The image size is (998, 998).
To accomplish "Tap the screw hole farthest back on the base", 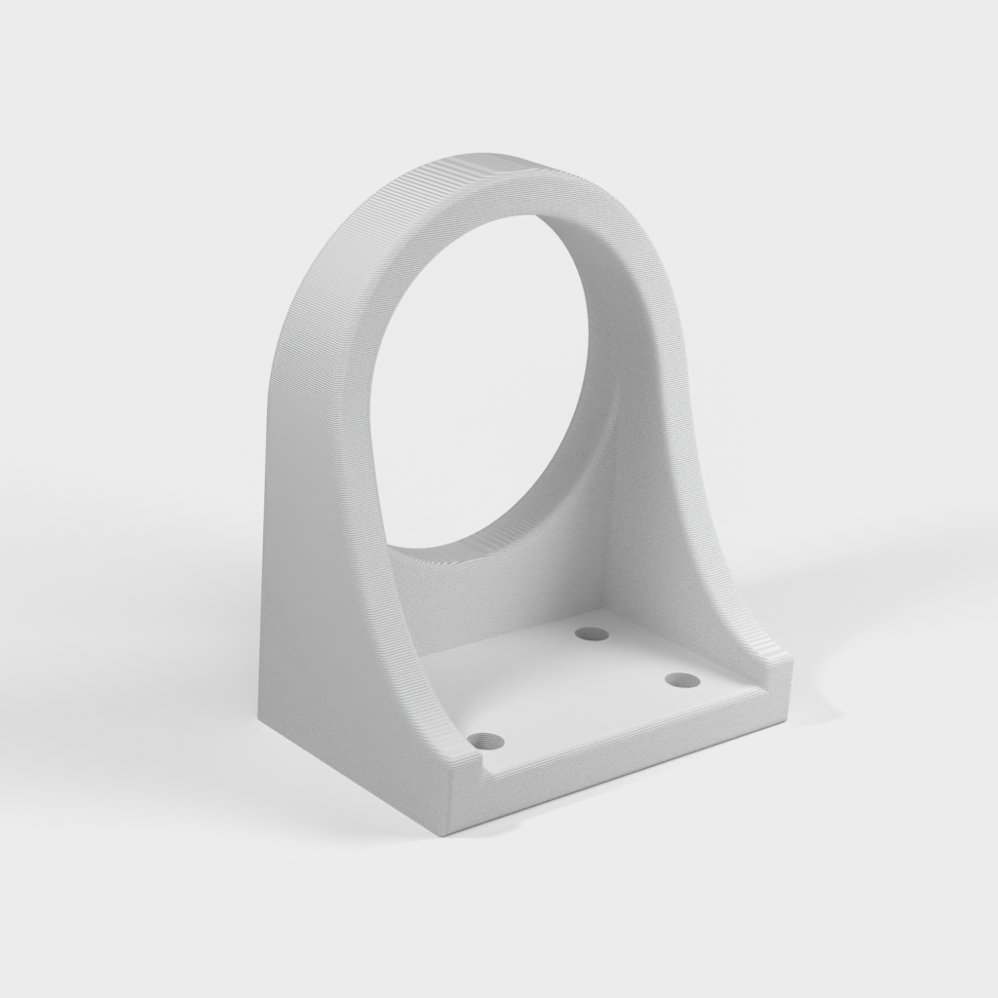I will tap(591, 634).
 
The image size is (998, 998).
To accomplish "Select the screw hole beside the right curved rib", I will tap(681, 679).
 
